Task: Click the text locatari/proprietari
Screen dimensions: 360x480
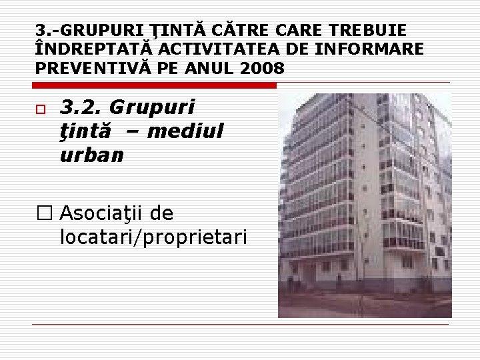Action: tap(153, 237)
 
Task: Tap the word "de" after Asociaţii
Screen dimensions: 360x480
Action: tap(162, 213)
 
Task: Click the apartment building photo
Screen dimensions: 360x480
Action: tap(365, 205)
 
